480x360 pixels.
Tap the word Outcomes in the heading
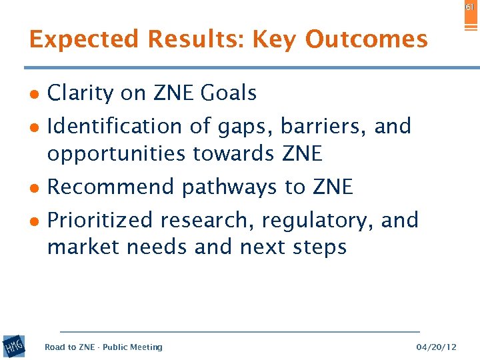click(366, 40)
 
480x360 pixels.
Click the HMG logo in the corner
click(13, 347)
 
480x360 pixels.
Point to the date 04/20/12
click(437, 347)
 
